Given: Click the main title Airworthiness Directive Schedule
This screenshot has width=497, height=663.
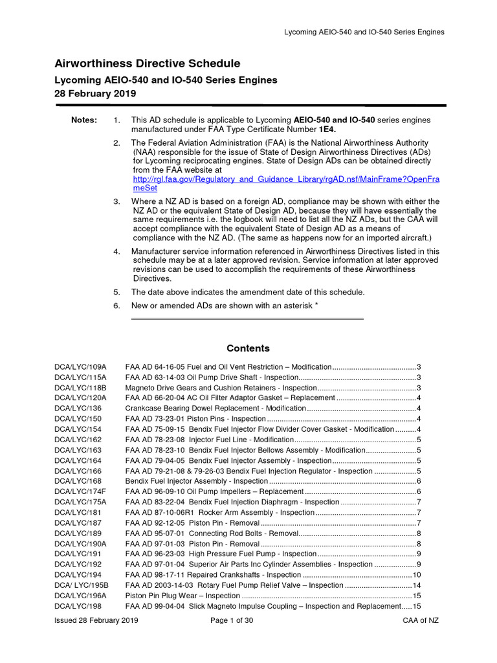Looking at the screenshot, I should click(147, 63).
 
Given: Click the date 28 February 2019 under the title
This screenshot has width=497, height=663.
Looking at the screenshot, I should click(94, 93).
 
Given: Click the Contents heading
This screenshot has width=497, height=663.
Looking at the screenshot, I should click(248, 348).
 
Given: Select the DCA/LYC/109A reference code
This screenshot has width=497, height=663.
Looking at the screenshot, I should click(80, 367).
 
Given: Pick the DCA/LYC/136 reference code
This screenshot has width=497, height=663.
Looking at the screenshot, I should click(78, 409).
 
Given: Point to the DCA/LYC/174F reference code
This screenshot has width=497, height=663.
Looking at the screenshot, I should click(80, 492).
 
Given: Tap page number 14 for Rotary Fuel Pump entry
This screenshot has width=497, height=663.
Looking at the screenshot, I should click(417, 585).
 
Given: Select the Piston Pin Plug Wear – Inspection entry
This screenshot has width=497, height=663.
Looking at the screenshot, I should click(182, 596).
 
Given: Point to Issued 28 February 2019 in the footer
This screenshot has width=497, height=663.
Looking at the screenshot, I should click(96, 621).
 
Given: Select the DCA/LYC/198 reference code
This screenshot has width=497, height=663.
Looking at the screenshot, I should click(78, 606).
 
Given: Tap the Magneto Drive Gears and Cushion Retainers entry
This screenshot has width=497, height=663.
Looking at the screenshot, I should click(211, 388).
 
